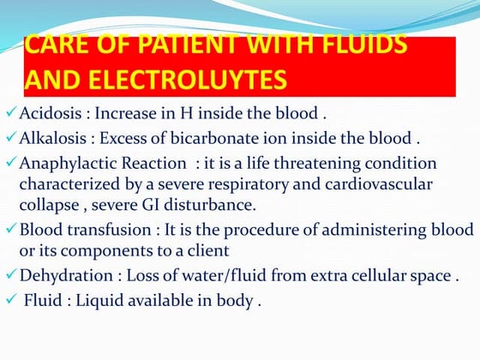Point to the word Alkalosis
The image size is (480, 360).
(x=51, y=137)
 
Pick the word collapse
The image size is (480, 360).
(x=48, y=205)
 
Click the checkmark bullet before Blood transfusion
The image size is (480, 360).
(x=9, y=230)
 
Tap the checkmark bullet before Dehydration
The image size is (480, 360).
(x=9, y=276)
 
